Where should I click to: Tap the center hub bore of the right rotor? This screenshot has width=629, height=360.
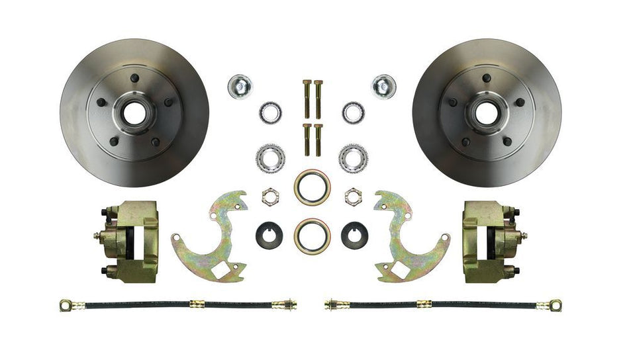click(486, 113)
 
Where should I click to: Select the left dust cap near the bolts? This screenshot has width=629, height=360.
click(238, 86)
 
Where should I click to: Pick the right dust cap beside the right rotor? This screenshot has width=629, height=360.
click(383, 86)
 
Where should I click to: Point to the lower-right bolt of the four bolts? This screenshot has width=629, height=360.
click(318, 138)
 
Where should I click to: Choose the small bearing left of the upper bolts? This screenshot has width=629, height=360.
click(270, 112)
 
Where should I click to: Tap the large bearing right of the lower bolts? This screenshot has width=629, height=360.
click(353, 157)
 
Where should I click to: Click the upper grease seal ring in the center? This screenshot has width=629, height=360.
click(311, 187)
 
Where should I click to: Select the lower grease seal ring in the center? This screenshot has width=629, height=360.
click(311, 235)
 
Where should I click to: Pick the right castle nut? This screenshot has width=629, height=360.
click(353, 196)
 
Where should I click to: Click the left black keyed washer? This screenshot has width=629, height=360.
click(269, 234)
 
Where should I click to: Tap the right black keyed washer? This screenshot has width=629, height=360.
click(354, 234)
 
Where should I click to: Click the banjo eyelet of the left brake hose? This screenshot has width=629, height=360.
click(66, 306)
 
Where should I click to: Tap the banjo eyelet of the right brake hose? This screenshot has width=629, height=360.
click(557, 306)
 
